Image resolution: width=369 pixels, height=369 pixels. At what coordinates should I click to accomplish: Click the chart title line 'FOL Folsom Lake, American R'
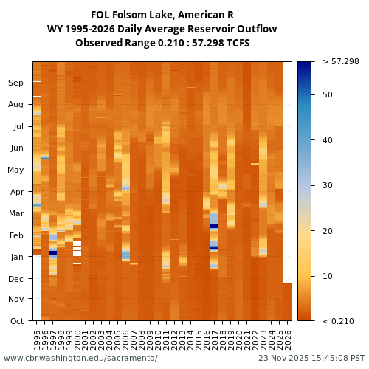pyautogui.click(x=162, y=15)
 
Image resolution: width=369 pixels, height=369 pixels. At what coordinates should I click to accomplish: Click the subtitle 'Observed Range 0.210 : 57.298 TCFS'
pyautogui.click(x=162, y=43)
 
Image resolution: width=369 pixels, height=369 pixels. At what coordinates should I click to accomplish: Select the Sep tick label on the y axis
pyautogui.click(x=16, y=83)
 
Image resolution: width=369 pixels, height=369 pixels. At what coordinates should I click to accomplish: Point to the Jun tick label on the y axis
pyautogui.click(x=16, y=148)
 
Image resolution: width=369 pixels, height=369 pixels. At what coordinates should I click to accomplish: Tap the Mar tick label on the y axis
pyautogui.click(x=16, y=214)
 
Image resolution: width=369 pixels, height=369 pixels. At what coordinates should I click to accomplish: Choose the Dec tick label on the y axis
pyautogui.click(x=16, y=279)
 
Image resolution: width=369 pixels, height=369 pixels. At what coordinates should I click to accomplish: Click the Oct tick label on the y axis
pyautogui.click(x=16, y=321)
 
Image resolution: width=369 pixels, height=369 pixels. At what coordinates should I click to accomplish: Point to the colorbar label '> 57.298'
pyautogui.click(x=340, y=62)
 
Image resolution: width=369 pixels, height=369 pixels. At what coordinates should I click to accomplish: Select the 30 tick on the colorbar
pyautogui.click(x=328, y=185)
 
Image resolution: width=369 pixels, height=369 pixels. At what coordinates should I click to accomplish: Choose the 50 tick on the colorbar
pyautogui.click(x=328, y=94)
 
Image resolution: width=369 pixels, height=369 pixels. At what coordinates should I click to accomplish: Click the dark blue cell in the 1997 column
pyautogui.click(x=53, y=252)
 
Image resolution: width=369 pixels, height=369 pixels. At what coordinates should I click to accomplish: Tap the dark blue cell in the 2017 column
pyautogui.click(x=215, y=227)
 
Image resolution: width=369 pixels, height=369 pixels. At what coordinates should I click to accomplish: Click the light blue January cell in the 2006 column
pyautogui.click(x=126, y=255)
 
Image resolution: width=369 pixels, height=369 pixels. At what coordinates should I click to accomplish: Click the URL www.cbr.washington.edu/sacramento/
pyautogui.click(x=80, y=359)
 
